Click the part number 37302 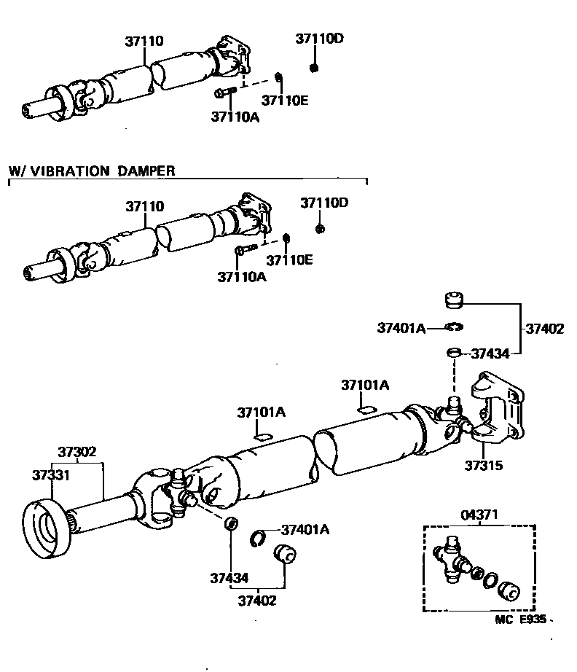(x=77, y=452)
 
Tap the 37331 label (x=50, y=474)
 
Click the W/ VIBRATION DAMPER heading (x=92, y=171)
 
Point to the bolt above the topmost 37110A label (x=224, y=93)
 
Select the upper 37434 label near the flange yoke (x=490, y=353)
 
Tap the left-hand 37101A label (x=261, y=413)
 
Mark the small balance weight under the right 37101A (x=365, y=410)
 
